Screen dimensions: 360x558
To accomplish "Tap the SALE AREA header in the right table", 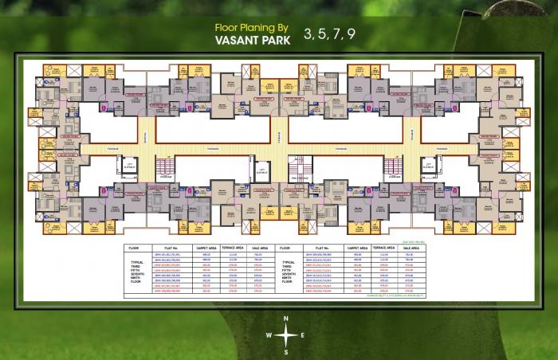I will [411, 248].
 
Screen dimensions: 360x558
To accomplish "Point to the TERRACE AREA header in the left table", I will [234, 248].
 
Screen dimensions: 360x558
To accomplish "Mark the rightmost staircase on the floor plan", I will [391, 165].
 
